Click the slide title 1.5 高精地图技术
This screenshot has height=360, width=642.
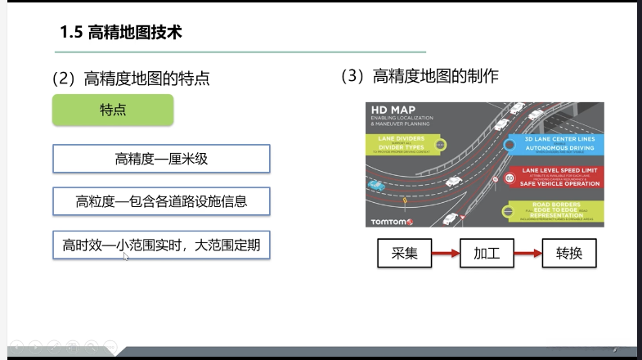pyautogui.click(x=120, y=34)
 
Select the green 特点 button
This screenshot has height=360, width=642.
pyautogui.click(x=113, y=110)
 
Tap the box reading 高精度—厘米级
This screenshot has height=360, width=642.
pyautogui.click(x=161, y=159)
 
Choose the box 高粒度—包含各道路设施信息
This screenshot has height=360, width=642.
pyautogui.click(x=161, y=200)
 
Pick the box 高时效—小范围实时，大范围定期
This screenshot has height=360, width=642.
pyautogui.click(x=161, y=244)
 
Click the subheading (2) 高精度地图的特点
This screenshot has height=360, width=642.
pyautogui.click(x=131, y=79)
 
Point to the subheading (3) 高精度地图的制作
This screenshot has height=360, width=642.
pyautogui.click(x=420, y=77)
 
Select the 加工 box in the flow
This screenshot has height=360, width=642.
pyautogui.click(x=487, y=253)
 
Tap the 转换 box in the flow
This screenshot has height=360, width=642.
pyautogui.click(x=569, y=253)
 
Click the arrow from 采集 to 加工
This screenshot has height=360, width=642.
pyautogui.click(x=445, y=254)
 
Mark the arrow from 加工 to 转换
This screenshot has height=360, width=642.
pyautogui.click(x=528, y=254)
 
